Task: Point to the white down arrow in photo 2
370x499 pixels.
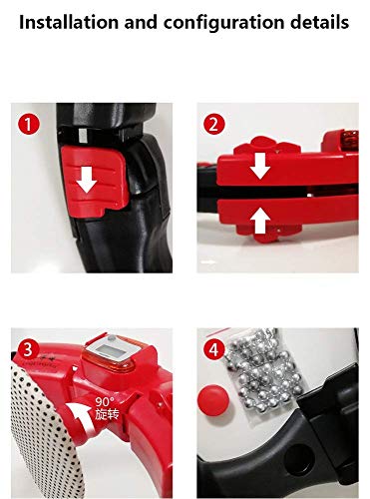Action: (x=260, y=164)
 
